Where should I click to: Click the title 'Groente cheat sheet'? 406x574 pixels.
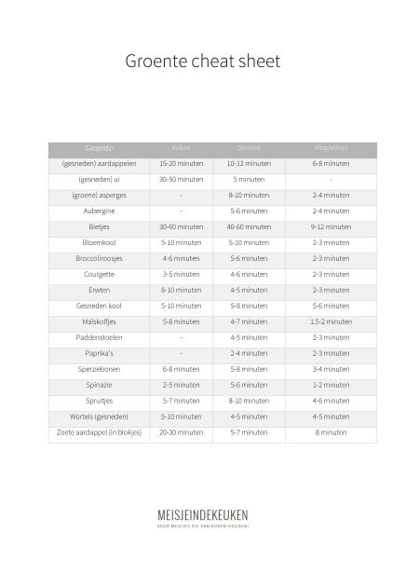click(202, 62)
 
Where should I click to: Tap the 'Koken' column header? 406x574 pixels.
click(181, 148)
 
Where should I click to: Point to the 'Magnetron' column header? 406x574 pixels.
click(331, 148)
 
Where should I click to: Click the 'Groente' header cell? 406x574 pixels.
click(99, 148)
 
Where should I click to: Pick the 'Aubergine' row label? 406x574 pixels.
click(99, 211)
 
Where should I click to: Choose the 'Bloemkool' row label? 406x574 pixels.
click(99, 242)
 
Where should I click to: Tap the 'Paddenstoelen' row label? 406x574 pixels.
click(99, 337)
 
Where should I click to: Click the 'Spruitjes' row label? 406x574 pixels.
click(99, 401)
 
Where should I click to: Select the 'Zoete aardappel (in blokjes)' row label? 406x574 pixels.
click(99, 432)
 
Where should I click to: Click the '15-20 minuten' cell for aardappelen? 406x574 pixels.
click(181, 163)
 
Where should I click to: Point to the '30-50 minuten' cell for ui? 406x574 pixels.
click(181, 179)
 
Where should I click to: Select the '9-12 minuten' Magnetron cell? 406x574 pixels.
click(331, 226)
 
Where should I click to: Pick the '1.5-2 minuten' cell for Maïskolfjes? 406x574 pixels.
click(331, 321)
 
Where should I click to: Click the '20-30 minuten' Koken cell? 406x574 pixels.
click(181, 432)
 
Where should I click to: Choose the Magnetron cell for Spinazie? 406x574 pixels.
click(331, 385)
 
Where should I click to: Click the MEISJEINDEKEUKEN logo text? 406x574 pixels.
click(202, 514)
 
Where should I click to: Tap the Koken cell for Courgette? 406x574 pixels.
click(181, 274)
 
